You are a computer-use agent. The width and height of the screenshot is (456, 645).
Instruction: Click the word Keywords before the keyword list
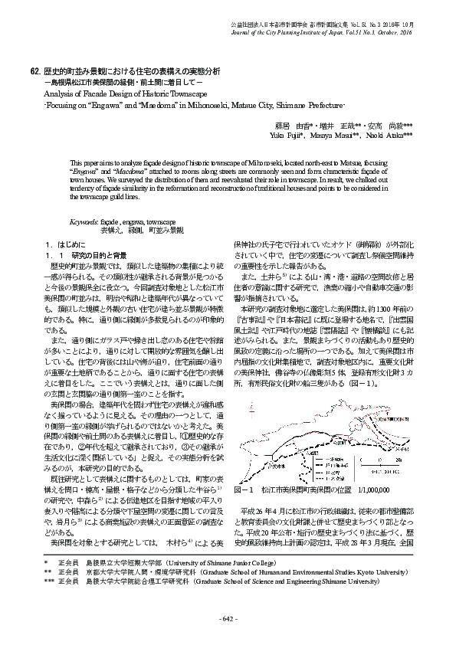coord(84,220)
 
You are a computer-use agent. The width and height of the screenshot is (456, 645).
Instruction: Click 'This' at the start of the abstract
coord(77,163)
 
